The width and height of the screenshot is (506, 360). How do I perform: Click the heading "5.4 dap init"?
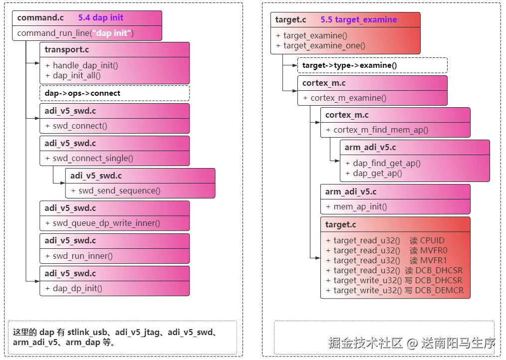100,17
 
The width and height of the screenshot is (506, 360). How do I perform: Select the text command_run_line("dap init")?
75,33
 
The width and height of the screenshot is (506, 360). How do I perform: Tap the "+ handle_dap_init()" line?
81,65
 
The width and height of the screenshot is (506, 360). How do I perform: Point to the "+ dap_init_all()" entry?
73,75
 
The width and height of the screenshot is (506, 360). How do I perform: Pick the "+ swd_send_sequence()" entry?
116,190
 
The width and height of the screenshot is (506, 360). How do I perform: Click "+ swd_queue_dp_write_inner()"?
103,223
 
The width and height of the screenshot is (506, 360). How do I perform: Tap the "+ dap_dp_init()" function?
74,288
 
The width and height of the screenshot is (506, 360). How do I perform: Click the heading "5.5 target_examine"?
358,20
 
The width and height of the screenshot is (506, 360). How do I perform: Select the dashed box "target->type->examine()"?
349,65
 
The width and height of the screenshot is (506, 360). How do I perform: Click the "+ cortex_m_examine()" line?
344,98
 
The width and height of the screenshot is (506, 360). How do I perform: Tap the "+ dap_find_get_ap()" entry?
383,163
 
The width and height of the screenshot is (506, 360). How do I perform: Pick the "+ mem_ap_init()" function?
356,206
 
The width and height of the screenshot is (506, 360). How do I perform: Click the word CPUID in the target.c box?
432,240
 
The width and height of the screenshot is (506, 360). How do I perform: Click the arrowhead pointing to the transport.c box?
36,63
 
